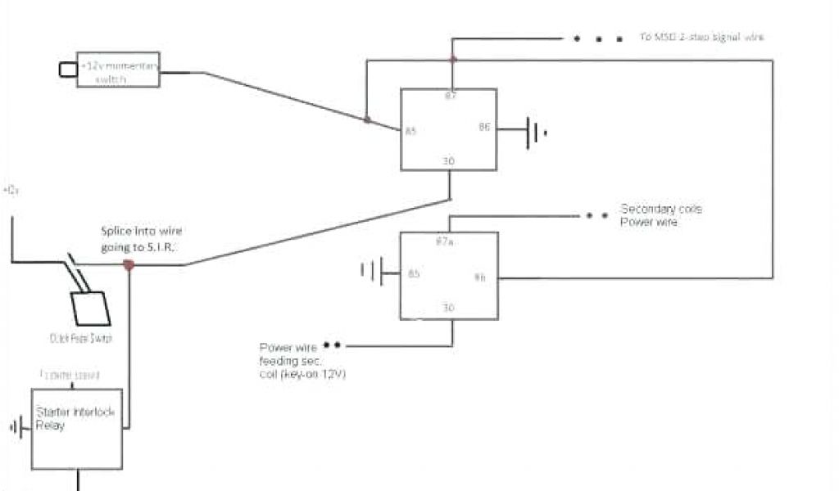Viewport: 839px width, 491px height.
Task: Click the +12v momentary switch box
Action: coord(118,70)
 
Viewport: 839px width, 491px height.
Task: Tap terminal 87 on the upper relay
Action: coord(450,97)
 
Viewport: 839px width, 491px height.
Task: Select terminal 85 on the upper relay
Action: coord(410,131)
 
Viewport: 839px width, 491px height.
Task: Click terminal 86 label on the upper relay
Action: coord(483,127)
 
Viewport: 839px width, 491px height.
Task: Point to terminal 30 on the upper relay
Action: coord(448,161)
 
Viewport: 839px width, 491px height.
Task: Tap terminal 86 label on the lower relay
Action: coord(480,277)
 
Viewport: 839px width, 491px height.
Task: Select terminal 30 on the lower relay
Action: coord(448,309)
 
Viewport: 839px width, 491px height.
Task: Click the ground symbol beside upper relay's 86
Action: coord(534,131)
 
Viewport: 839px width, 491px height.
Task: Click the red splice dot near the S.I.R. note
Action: coord(128,264)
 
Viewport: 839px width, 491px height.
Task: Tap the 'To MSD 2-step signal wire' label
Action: coord(702,38)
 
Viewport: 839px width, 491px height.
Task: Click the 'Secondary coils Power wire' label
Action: coord(661,215)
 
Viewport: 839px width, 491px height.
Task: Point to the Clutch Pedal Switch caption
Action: coord(80,338)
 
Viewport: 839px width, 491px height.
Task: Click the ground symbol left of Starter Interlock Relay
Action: coord(17,426)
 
